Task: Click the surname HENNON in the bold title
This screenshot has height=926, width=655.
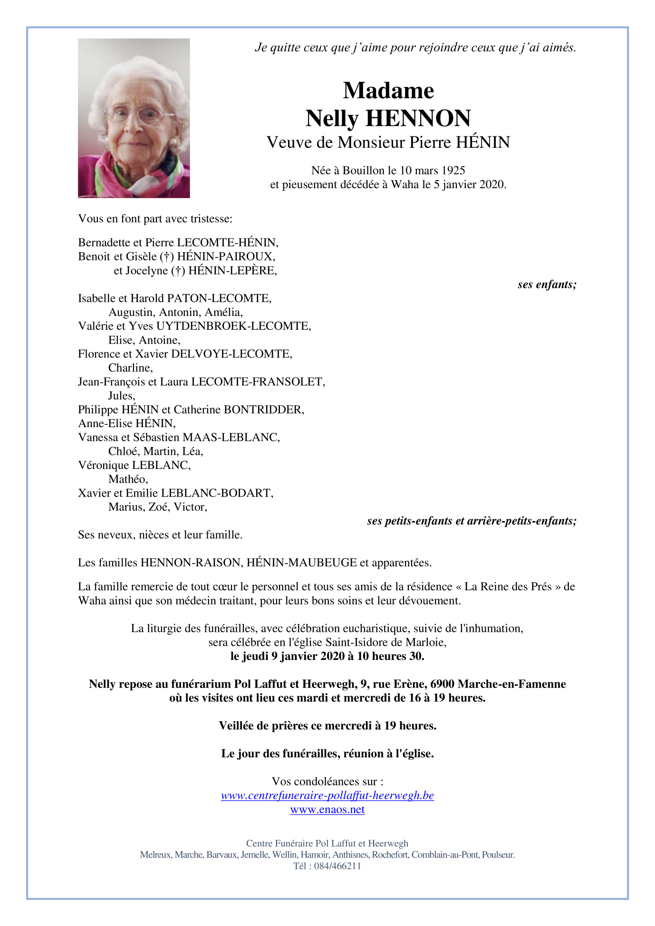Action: point(418,118)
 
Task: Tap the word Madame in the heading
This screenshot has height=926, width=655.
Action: point(388,90)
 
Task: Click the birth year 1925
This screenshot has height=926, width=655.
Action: point(453,171)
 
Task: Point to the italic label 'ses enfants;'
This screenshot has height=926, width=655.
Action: point(547,285)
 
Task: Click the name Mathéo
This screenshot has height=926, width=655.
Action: point(128,479)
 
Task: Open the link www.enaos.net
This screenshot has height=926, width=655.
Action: point(327,810)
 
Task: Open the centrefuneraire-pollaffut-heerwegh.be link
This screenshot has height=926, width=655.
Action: point(327,795)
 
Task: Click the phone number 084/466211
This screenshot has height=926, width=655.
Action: point(337,866)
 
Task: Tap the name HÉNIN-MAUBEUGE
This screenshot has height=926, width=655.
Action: point(302,563)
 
